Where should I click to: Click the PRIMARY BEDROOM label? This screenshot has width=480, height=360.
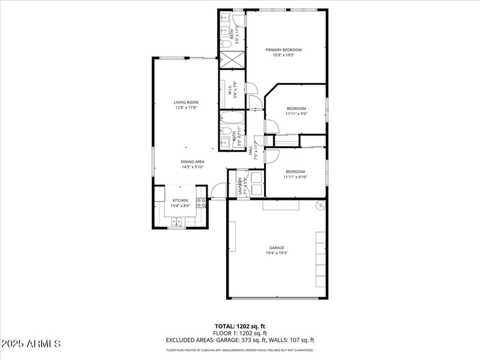point(284,50)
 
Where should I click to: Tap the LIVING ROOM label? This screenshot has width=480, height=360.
point(186,103)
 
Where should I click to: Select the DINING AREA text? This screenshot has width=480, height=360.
point(193,161)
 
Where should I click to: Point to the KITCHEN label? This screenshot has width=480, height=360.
point(181,200)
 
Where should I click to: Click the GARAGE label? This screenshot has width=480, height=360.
point(277,247)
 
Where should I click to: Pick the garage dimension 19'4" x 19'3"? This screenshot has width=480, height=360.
point(277,253)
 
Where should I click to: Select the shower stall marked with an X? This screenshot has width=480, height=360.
point(232,59)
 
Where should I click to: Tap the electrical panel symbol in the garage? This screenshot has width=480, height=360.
point(320,206)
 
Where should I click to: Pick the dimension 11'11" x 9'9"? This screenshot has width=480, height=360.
point(296,114)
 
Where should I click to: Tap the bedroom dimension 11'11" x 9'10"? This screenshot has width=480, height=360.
point(295,177)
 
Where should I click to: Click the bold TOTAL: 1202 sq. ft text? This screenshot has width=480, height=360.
point(240,327)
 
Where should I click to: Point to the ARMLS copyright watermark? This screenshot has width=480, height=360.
point(31,344)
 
